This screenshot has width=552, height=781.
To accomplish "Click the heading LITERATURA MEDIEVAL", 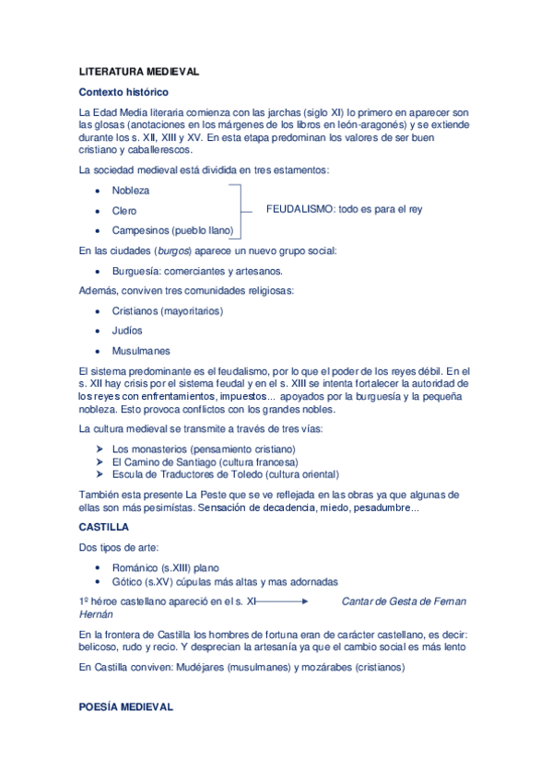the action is [138, 71].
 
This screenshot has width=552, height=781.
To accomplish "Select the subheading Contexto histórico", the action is [123, 92].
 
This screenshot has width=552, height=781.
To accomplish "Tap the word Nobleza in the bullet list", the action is [130, 191].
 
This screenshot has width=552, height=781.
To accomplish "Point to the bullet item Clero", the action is [124, 211].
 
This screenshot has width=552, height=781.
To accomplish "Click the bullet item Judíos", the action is [127, 331].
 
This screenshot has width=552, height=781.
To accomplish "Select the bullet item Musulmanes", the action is [141, 351].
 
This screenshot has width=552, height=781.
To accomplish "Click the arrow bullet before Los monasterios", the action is [99, 449].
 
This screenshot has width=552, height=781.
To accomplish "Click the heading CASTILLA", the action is [104, 528].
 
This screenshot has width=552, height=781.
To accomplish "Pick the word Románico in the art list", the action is [135, 568].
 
